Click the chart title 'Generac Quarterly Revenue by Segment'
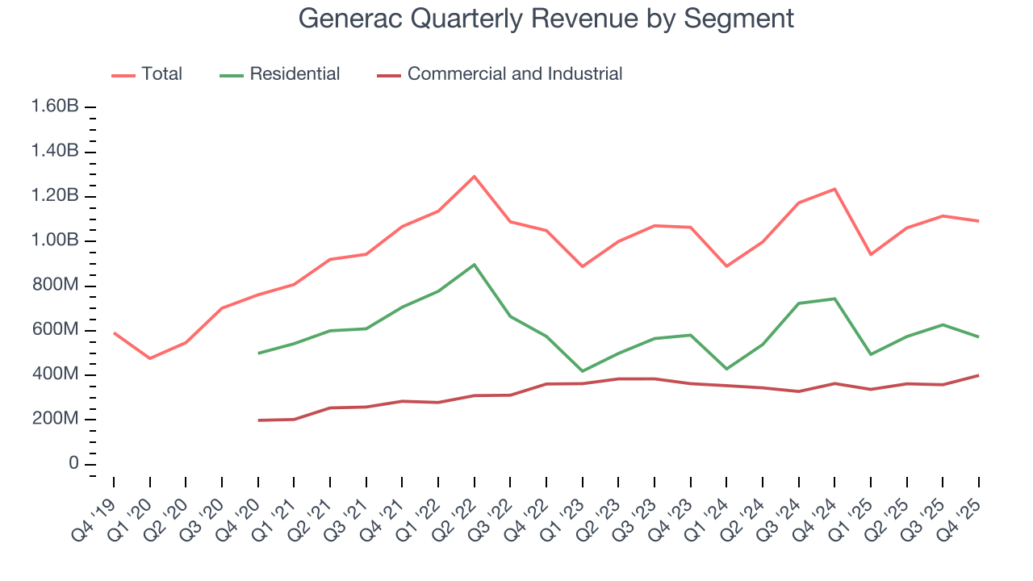click(x=546, y=18)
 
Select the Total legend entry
click(x=161, y=74)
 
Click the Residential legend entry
click(x=295, y=74)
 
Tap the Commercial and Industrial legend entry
click(x=514, y=74)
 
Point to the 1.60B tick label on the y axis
click(x=55, y=107)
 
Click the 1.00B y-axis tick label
click(x=55, y=241)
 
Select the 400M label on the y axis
click(x=56, y=375)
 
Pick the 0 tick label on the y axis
click(x=73, y=464)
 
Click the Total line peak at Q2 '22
click(x=474, y=176)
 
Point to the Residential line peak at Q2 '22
click(x=474, y=265)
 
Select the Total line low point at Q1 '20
click(x=149, y=358)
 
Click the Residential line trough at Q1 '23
click(x=582, y=371)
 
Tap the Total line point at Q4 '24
click(x=834, y=189)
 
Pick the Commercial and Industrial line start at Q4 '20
click(x=257, y=420)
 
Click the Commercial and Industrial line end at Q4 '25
click(x=979, y=375)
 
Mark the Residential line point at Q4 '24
click(x=834, y=299)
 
